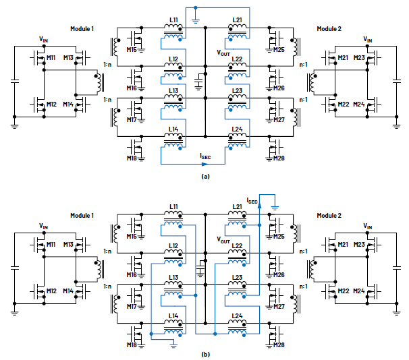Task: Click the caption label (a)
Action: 205,175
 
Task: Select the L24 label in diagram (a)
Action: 237,128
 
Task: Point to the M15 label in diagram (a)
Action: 131,49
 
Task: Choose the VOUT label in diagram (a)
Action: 223,51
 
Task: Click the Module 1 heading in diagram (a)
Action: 83,28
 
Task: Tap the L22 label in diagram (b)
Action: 237,246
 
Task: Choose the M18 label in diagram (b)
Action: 131,345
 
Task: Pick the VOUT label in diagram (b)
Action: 223,239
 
